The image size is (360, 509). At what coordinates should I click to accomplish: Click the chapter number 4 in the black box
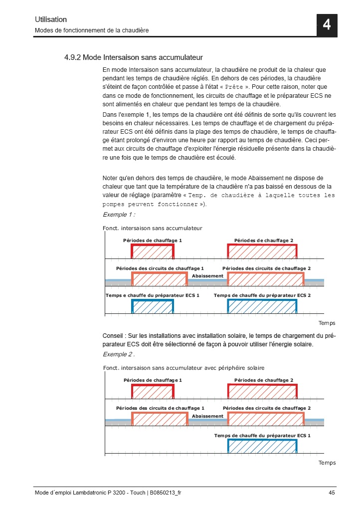[x=327, y=25]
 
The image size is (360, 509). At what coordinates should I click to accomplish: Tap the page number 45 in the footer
[x=332, y=493]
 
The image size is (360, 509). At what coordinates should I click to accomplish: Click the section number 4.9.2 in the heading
[x=72, y=57]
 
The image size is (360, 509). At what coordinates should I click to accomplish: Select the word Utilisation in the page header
[x=50, y=19]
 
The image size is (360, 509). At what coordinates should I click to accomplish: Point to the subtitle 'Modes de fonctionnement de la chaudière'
[x=91, y=30]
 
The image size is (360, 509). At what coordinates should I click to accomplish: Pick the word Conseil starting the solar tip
[x=113, y=336]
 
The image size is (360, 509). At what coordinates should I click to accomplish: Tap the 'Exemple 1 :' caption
[x=119, y=215]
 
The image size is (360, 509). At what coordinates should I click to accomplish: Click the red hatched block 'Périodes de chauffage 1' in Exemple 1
[x=153, y=252]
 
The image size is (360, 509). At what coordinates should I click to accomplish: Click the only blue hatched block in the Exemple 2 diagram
[x=263, y=446]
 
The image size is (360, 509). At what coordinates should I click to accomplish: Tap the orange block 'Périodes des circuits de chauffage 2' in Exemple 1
[x=266, y=279]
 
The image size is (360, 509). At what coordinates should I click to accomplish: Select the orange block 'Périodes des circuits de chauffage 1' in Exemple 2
[x=160, y=419]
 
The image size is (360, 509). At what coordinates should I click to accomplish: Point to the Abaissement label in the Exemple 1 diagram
[x=207, y=276]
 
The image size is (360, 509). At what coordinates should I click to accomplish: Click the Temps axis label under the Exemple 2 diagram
[x=327, y=463]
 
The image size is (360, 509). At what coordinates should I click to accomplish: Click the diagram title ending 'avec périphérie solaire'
[x=183, y=368]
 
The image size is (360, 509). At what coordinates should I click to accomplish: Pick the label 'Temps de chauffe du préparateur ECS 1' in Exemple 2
[x=262, y=436]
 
